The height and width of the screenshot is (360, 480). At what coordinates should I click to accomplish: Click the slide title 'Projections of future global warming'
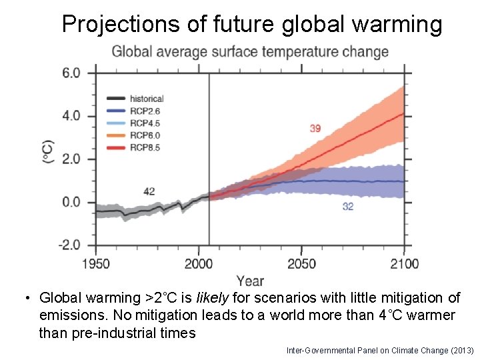[252, 24]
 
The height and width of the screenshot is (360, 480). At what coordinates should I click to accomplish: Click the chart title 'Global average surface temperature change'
[250, 52]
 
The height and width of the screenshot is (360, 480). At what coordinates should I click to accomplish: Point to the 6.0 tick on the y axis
[71, 73]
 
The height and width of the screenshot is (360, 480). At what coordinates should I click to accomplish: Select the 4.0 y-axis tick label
[71, 116]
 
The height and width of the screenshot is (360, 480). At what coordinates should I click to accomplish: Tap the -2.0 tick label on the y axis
[69, 245]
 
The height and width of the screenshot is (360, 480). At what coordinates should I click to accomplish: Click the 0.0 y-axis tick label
[71, 203]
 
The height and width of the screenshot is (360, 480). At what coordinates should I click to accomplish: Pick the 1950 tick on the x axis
[97, 264]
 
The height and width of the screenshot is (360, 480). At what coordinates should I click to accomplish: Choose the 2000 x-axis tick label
[199, 264]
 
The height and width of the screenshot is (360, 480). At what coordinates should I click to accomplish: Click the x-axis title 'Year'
[250, 281]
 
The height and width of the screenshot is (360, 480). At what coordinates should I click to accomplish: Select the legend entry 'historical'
[147, 99]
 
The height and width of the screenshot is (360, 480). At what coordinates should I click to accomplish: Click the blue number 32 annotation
[347, 207]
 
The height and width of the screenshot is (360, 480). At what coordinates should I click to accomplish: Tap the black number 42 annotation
[149, 191]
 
